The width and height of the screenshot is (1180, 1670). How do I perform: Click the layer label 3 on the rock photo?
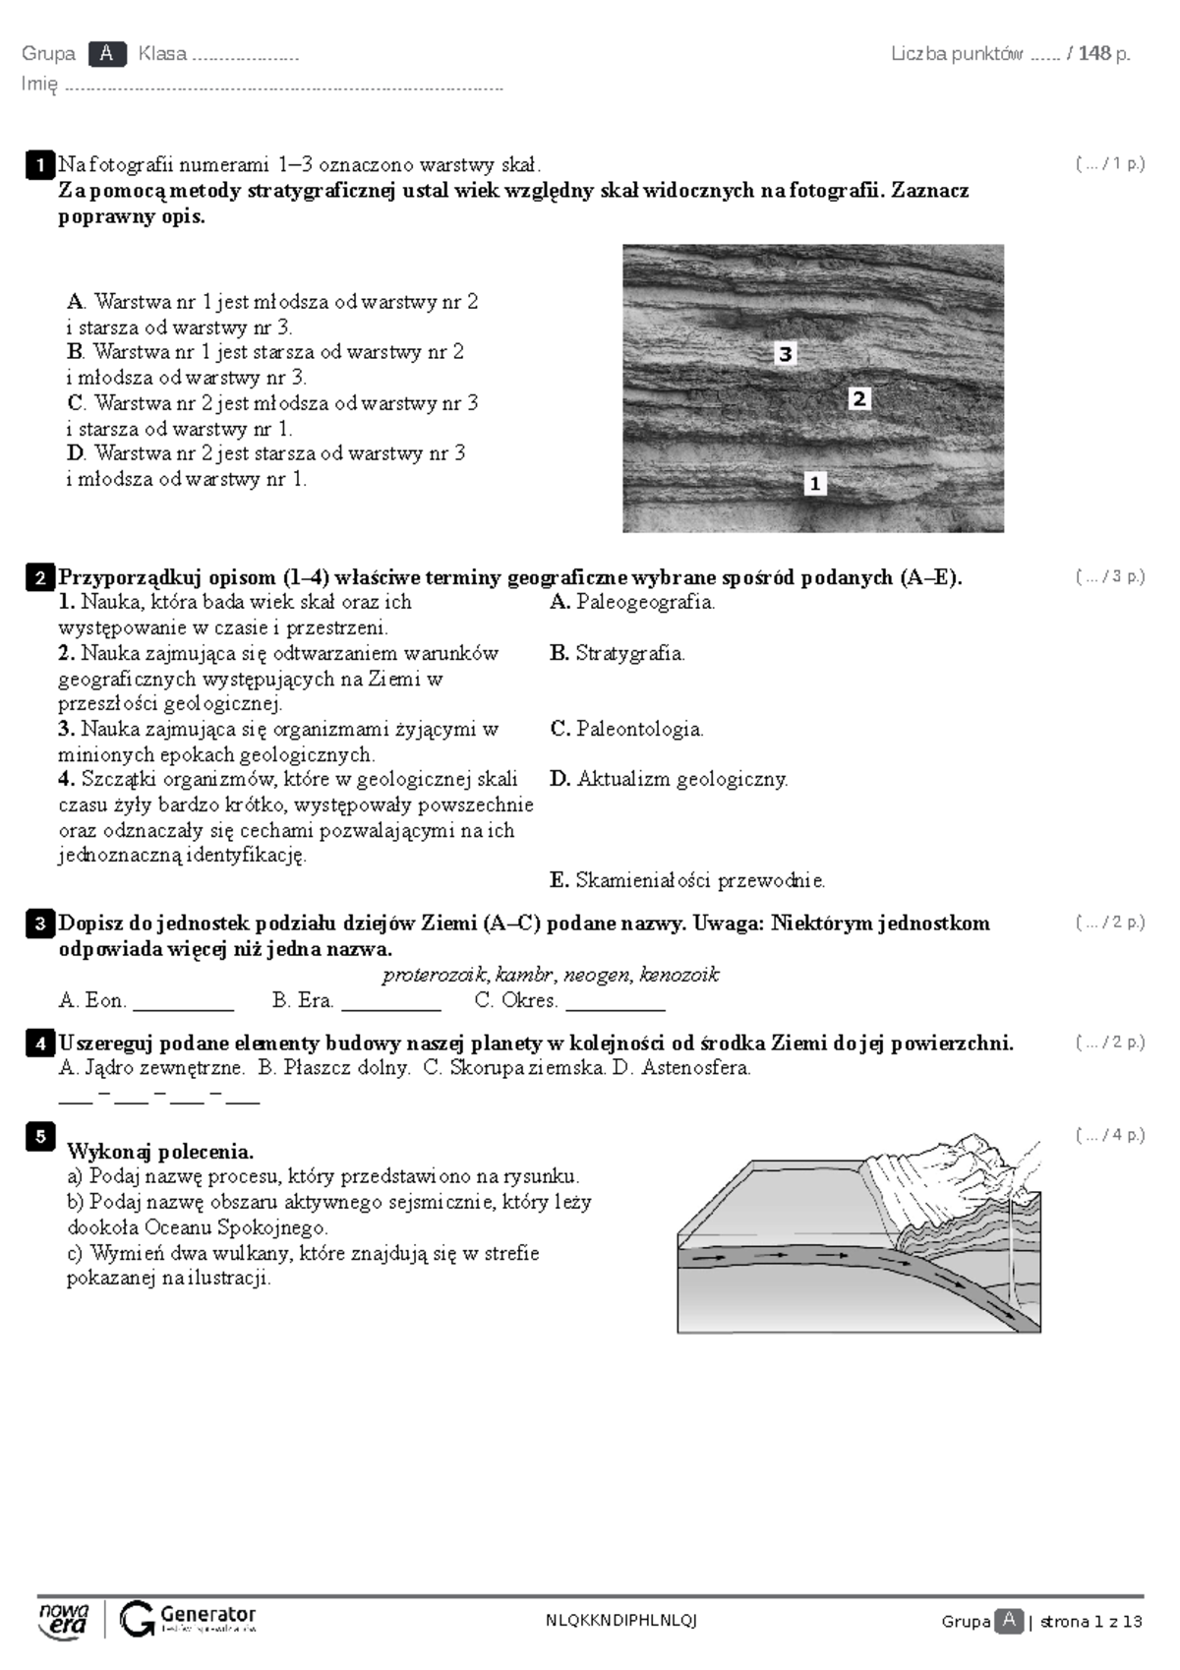pos(785,354)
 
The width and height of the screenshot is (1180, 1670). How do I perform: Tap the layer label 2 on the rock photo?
pos(859,398)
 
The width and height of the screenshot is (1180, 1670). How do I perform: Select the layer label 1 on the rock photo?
pos(814,483)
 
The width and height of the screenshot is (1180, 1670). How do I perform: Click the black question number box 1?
pos(39,164)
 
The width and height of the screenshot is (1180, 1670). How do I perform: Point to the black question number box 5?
pos(39,1137)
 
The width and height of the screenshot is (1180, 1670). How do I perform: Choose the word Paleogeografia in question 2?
pos(645,602)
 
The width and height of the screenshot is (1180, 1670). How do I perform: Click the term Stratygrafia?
pos(629,653)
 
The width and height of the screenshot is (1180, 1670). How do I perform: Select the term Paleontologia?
pos(639,729)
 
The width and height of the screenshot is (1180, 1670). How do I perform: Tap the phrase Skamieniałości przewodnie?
pos(699,880)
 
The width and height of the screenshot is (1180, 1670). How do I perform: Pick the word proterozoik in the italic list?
pos(434,975)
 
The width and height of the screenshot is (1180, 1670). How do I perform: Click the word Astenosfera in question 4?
pos(695,1067)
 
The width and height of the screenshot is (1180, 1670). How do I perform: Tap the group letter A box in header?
pos(106,54)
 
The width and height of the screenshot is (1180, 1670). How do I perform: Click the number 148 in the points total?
pos(1093,54)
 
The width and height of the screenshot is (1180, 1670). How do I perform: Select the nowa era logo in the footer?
pos(64,1619)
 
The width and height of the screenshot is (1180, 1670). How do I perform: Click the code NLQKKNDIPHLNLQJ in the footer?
pos(620,1621)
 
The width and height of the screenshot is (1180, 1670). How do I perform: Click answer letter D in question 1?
pos(76,453)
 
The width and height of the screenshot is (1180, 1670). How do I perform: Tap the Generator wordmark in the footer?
pos(207,1614)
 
